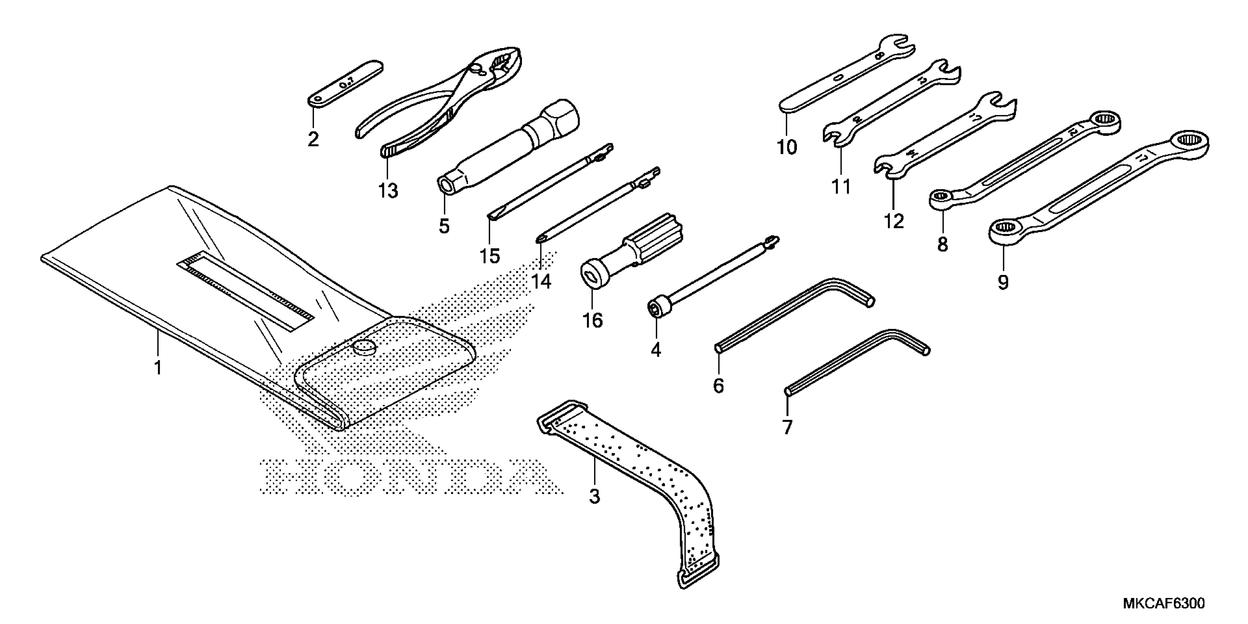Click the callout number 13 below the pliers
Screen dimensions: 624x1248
(x=388, y=191)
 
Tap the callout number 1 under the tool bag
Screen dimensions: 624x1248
(x=158, y=368)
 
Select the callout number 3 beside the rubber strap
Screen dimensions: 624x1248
(x=594, y=496)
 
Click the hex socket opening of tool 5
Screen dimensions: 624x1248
(x=445, y=185)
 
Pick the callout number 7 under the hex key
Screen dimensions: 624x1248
(x=788, y=427)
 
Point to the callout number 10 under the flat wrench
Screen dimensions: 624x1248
(x=787, y=147)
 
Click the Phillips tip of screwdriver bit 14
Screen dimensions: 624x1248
(x=539, y=238)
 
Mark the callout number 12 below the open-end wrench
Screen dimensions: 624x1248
(x=894, y=221)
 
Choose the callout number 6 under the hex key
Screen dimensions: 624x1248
(x=718, y=386)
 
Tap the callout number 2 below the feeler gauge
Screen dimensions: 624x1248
(x=313, y=139)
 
